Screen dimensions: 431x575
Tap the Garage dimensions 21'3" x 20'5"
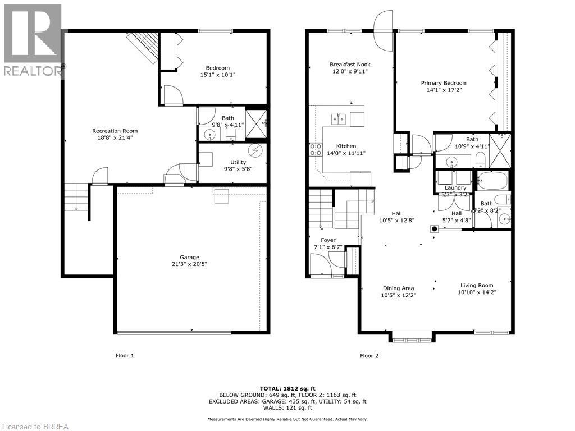click(189, 264)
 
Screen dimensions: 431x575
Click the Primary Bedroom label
click(444, 83)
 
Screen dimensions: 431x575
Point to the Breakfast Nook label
click(350, 65)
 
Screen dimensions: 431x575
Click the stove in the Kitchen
click(315, 149)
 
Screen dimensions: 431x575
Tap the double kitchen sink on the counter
click(339, 118)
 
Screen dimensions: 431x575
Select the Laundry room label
click(455, 187)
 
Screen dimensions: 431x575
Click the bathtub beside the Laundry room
click(492, 181)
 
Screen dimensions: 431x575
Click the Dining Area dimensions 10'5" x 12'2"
click(398, 295)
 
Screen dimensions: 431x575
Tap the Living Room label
click(477, 285)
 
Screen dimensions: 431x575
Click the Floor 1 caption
click(125, 355)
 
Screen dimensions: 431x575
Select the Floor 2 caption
click(369, 355)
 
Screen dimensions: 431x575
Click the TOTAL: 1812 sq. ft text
click(287, 388)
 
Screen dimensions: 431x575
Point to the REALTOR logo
click(32, 39)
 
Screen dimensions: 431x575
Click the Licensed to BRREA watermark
click(35, 426)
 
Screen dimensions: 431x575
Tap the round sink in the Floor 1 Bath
click(210, 135)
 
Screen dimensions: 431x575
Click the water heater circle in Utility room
click(255, 152)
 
